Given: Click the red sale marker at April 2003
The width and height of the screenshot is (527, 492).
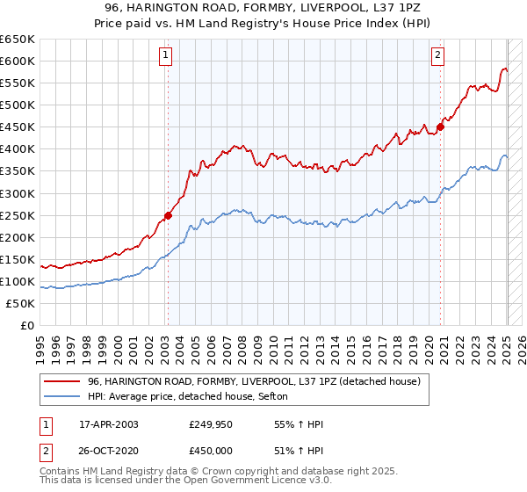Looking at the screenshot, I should pyautogui.click(x=168, y=214).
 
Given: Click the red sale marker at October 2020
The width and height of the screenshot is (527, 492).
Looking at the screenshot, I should pyautogui.click(x=441, y=127).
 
